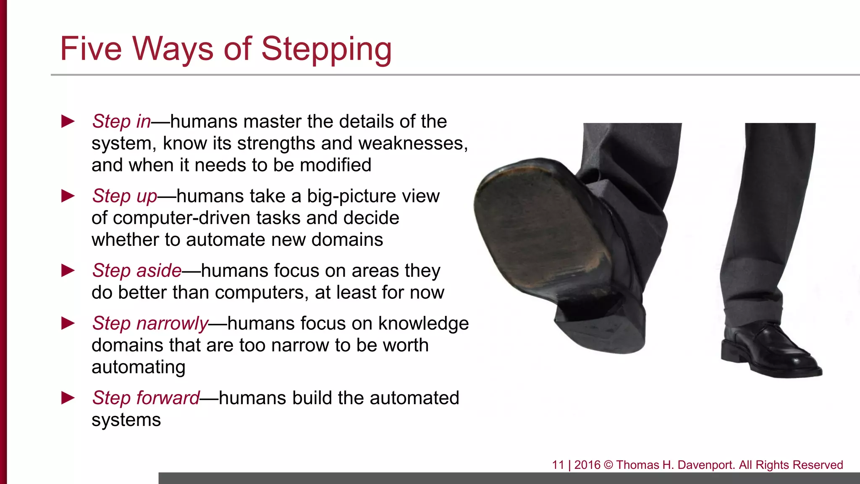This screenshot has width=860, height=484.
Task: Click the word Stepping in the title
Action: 326,50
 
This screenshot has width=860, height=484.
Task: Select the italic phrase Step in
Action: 121,121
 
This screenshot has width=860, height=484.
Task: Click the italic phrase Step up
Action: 125,196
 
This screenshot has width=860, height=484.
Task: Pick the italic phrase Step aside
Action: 137,271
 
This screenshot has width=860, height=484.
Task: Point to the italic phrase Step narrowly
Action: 150,324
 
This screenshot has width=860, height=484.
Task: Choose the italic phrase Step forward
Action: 146,398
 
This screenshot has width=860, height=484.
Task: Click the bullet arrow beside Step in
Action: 68,121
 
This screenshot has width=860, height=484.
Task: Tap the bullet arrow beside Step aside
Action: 68,271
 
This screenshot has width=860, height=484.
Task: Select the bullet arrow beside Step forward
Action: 68,398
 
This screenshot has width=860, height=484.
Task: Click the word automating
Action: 138,367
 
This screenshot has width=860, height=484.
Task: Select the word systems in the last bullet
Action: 126,420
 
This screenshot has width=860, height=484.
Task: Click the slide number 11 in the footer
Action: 558,465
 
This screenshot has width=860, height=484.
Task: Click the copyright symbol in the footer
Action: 608,465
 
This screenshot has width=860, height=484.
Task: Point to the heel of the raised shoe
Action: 600,324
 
